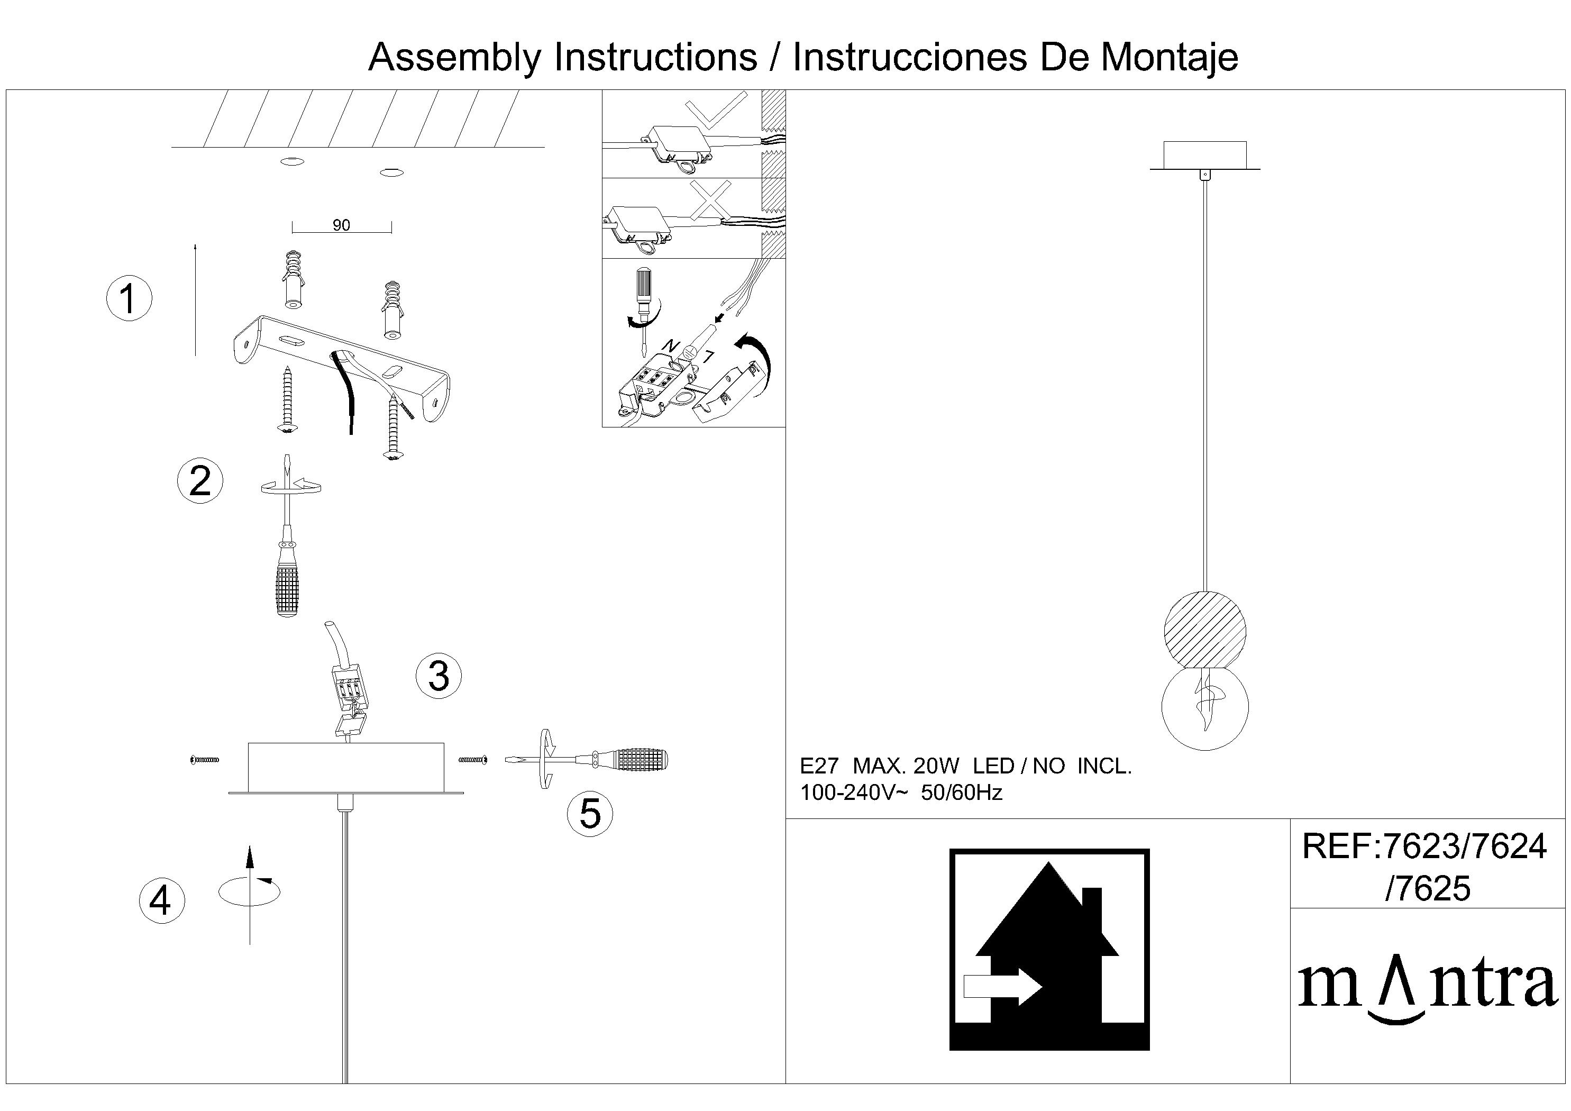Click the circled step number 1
(x=129, y=298)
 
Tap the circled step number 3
(x=439, y=676)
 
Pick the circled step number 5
(x=590, y=814)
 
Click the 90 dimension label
(x=341, y=225)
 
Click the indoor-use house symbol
(x=1049, y=950)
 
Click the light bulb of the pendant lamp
(x=1205, y=708)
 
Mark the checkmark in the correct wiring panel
(x=716, y=110)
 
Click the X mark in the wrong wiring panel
(x=711, y=201)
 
